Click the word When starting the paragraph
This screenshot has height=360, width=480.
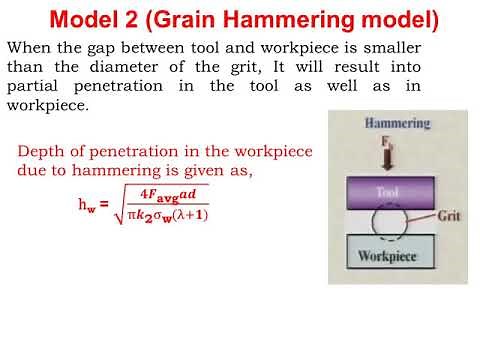click(x=32, y=48)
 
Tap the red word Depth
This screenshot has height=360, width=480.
click(x=42, y=152)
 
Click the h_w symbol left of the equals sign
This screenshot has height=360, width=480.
click(x=86, y=206)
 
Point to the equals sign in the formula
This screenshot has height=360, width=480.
click(x=104, y=205)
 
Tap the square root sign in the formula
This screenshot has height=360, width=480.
click(x=120, y=207)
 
